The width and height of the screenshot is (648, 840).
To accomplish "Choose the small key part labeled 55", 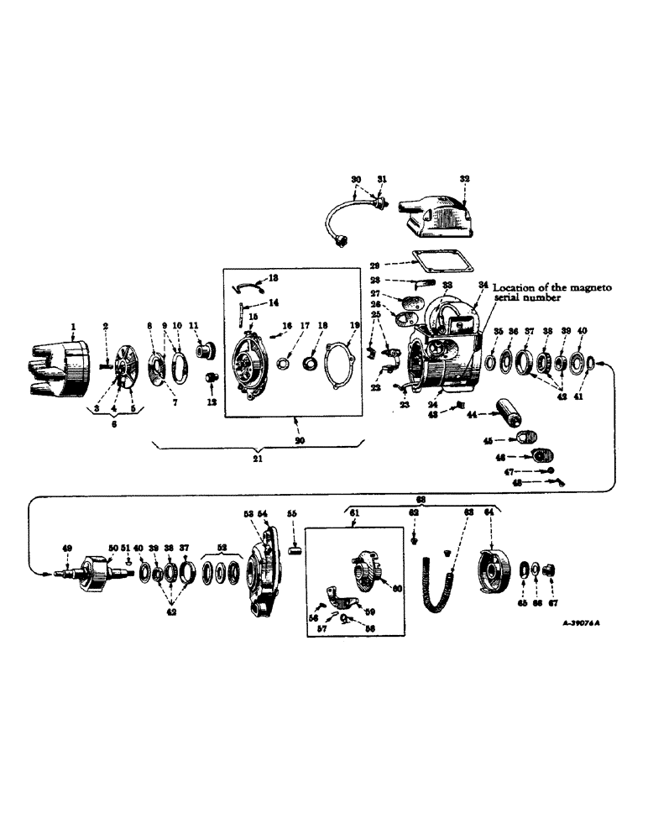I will [294, 551].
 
